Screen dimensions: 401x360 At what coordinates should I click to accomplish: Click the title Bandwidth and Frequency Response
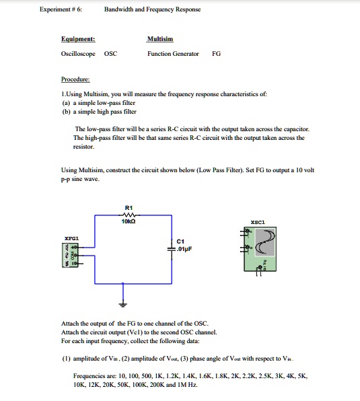pos(153,9)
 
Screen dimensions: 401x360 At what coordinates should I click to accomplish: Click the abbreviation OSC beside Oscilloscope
pos(110,53)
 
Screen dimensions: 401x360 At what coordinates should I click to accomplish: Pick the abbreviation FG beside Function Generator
pos(216,53)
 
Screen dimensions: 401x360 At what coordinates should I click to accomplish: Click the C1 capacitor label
pos(180,241)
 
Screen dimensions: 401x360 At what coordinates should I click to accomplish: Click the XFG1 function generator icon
pos(69,254)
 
